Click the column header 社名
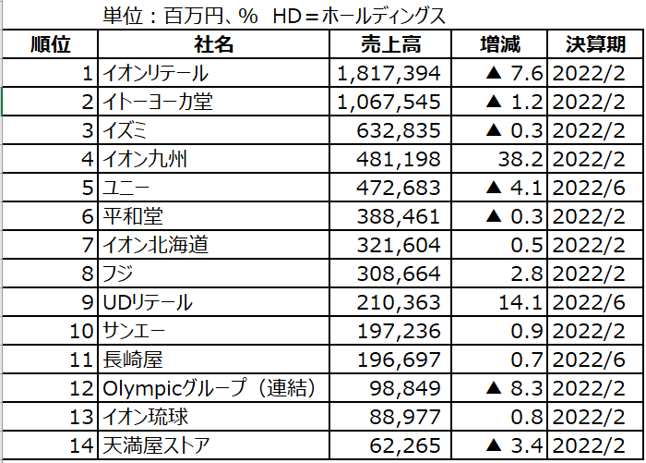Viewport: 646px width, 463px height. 213,45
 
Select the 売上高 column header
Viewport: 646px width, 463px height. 389,45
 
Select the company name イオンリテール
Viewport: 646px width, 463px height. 156,74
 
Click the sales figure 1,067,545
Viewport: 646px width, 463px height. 389,103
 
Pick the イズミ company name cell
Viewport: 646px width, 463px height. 128,131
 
